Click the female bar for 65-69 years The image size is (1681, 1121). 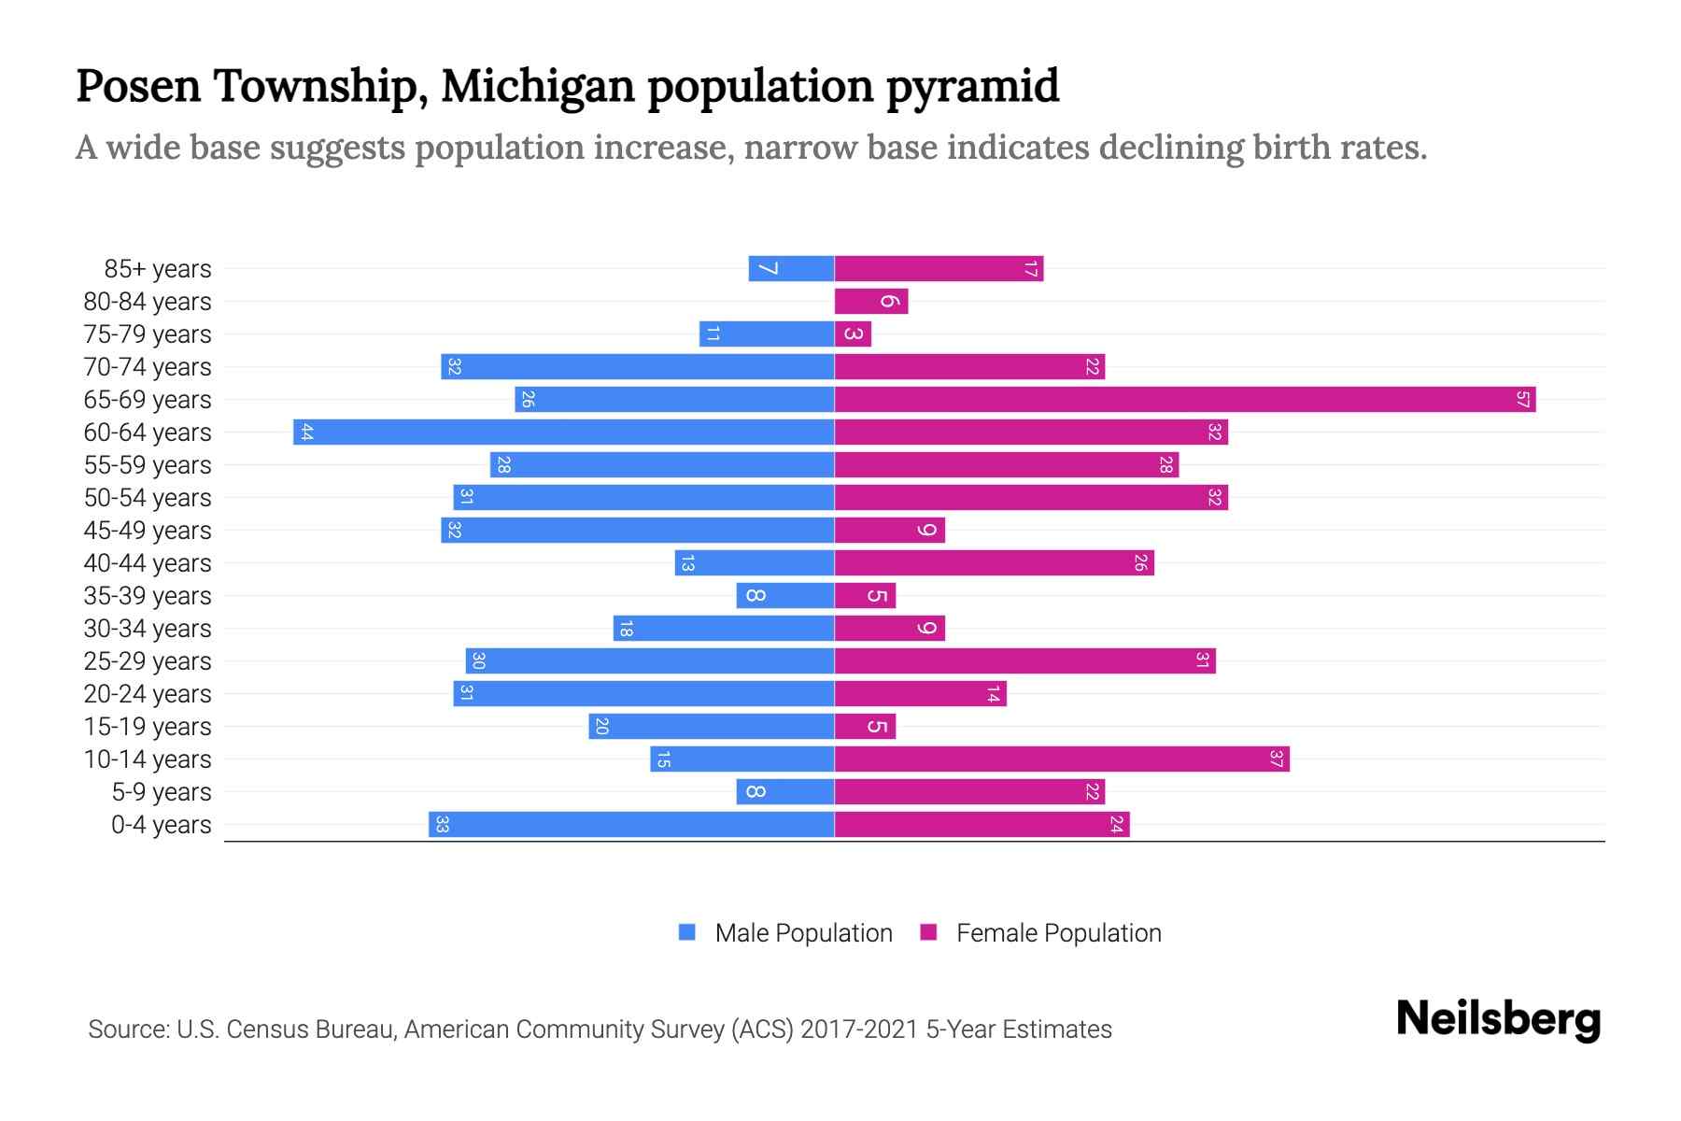pyautogui.click(x=1184, y=400)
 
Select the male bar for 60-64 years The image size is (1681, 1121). pyautogui.click(x=563, y=433)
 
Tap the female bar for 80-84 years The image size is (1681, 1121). pyautogui.click(x=870, y=302)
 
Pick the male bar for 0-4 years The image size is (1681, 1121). pyautogui.click(x=631, y=825)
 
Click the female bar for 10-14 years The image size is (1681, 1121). pyautogui.click(x=1061, y=759)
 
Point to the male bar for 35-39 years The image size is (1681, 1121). pyautogui.click(x=784, y=596)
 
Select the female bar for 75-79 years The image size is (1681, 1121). pyautogui.click(x=853, y=334)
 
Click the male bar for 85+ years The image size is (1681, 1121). pyautogui.click(x=791, y=269)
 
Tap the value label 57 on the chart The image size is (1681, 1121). pyautogui.click(x=1522, y=400)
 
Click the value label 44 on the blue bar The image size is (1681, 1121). pyautogui.click(x=307, y=433)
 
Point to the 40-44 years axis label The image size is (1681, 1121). pyautogui.click(x=148, y=563)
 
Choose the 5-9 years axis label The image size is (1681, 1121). pyautogui.click(x=162, y=792)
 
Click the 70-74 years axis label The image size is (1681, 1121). pyautogui.click(x=148, y=367)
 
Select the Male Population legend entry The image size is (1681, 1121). pyautogui.click(x=803, y=933)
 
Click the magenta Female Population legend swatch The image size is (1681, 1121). pyautogui.click(x=928, y=932)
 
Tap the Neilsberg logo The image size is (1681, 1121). pyautogui.click(x=1498, y=1019)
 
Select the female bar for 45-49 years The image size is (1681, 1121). pyautogui.click(x=889, y=531)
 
